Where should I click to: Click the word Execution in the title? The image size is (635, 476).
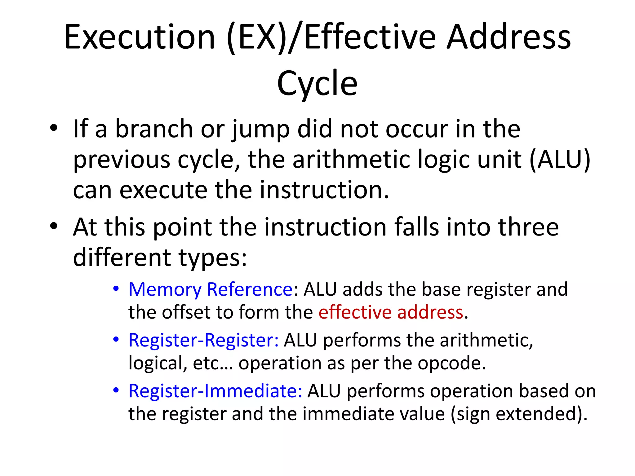point(140,37)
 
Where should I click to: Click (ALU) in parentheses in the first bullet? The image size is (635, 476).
point(560,160)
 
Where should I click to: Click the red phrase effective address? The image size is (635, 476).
point(391,312)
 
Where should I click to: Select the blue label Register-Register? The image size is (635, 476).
point(203,340)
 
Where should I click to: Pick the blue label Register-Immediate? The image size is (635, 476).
point(215,391)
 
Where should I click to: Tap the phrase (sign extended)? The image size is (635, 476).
point(518,414)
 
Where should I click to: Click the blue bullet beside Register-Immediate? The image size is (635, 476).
point(116,390)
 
